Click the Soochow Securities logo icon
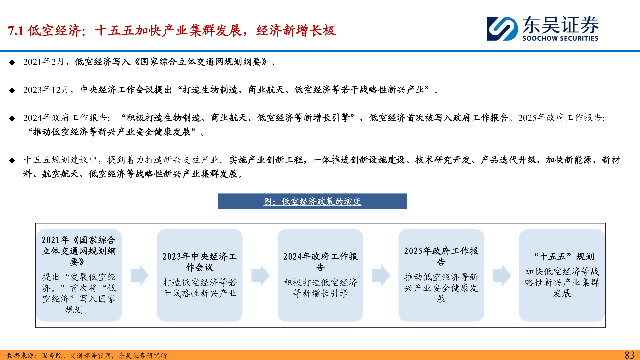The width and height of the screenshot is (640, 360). [502, 29]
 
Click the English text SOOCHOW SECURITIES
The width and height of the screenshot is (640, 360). [560, 38]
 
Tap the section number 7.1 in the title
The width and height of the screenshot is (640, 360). [15, 31]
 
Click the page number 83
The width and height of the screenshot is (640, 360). [629, 355]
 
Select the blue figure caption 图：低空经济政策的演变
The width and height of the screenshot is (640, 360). [312, 201]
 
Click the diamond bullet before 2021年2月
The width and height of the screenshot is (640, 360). [12, 62]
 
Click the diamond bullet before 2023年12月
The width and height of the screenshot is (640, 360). [12, 90]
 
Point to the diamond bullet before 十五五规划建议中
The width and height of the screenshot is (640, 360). [12, 160]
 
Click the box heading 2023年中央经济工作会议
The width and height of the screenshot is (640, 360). [199, 262]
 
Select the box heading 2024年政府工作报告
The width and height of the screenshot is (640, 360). [320, 262]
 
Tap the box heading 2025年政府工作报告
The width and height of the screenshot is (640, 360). [441, 256]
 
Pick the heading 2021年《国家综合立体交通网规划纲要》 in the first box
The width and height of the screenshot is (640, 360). [79, 251]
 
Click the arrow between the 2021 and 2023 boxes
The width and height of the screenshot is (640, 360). [139, 275]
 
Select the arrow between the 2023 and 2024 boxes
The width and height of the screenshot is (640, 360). [260, 275]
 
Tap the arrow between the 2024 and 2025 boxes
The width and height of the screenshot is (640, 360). [381, 275]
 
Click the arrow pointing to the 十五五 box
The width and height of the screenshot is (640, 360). [502, 275]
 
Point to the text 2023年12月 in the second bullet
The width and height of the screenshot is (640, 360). [46, 90]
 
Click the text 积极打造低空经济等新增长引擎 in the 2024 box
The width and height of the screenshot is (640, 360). [320, 288]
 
